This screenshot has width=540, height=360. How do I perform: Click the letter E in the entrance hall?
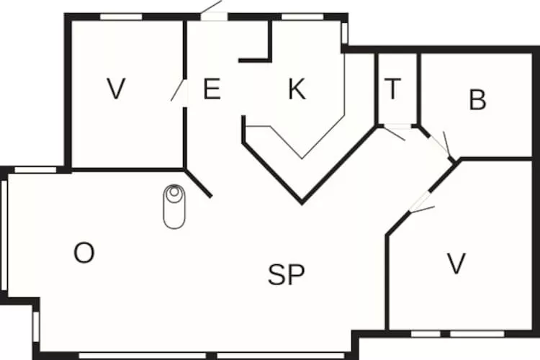[212, 89]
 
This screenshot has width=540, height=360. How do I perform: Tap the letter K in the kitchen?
[297, 89]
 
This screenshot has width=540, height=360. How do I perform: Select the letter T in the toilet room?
[392, 88]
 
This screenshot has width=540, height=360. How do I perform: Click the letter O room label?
[84, 253]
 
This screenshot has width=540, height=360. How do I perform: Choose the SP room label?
[286, 274]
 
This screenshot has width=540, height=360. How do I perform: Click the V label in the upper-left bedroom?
[116, 89]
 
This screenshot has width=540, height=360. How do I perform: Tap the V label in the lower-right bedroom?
[456, 264]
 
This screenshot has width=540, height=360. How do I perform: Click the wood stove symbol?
[174, 207]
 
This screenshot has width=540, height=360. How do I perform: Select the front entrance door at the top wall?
[214, 12]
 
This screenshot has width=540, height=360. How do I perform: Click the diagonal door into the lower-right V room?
[421, 202]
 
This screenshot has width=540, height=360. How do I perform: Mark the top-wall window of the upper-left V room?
[121, 17]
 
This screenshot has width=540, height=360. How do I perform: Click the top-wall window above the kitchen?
[302, 17]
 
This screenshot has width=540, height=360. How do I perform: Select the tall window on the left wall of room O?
[4, 235]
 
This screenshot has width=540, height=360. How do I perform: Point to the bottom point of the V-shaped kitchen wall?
[302, 203]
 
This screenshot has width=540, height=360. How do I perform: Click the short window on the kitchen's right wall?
[344, 33]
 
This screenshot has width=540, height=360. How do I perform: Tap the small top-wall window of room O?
[35, 170]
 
